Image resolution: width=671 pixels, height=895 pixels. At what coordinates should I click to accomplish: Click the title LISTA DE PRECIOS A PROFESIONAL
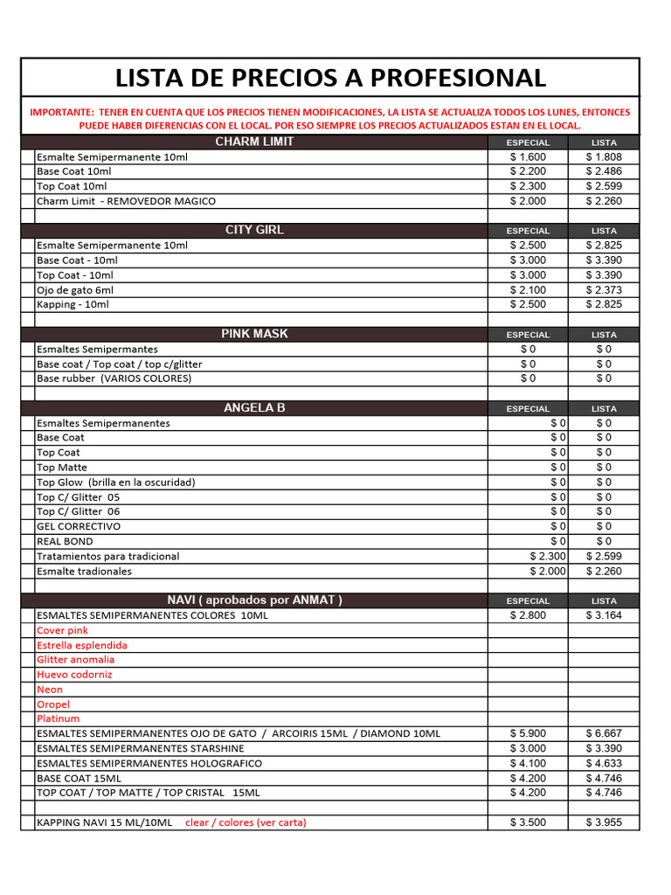pyautogui.click(x=330, y=78)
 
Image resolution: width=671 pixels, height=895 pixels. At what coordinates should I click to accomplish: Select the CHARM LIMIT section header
pyautogui.click(x=254, y=142)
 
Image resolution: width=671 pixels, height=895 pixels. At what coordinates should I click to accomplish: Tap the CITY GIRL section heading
pyautogui.click(x=254, y=230)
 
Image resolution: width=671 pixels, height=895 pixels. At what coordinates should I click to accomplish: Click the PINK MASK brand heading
pyautogui.click(x=254, y=334)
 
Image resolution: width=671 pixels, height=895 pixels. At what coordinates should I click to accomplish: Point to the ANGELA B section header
pyautogui.click(x=254, y=407)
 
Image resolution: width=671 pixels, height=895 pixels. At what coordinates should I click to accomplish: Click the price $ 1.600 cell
pyautogui.click(x=528, y=156)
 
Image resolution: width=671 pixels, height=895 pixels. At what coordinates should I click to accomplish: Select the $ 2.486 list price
pyautogui.click(x=604, y=171)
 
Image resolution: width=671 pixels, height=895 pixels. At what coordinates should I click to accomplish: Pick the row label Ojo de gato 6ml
pyautogui.click(x=75, y=290)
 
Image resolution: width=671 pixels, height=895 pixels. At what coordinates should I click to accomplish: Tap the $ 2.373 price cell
pyautogui.click(x=604, y=290)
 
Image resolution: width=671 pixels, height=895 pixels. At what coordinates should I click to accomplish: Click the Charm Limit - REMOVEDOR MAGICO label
pyautogui.click(x=126, y=201)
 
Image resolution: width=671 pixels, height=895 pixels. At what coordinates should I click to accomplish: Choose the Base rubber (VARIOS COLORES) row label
pyautogui.click(x=114, y=378)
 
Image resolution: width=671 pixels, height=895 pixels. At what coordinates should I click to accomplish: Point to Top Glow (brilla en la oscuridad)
pyautogui.click(x=115, y=482)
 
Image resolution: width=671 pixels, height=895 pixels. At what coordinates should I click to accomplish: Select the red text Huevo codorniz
pyautogui.click(x=74, y=675)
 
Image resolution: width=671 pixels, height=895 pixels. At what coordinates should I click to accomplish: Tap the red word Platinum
pyautogui.click(x=58, y=718)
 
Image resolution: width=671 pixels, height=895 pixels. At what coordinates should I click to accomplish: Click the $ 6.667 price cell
pyautogui.click(x=604, y=733)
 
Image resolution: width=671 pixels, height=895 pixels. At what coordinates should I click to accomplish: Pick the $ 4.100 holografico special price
pyautogui.click(x=528, y=763)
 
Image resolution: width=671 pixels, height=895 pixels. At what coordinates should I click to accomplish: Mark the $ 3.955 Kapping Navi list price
pyautogui.click(x=604, y=822)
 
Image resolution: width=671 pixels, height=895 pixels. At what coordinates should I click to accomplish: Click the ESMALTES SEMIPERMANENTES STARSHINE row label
pyautogui.click(x=141, y=748)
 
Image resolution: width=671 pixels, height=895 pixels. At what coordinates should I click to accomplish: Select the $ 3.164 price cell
pyautogui.click(x=604, y=615)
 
